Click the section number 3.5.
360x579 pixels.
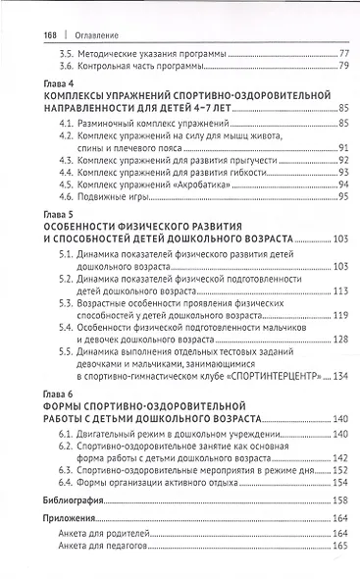[x=67, y=51]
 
